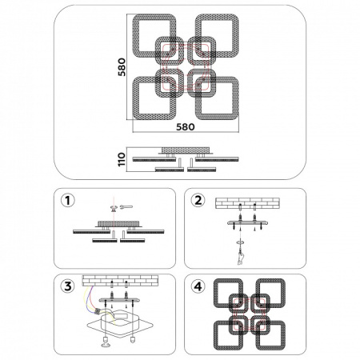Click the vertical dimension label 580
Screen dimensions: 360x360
coord(122,67)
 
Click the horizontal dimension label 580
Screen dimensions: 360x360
coord(186,127)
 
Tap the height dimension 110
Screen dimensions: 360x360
coord(122,159)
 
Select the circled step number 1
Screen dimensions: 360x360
coord(68,201)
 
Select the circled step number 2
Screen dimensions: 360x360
coord(198,201)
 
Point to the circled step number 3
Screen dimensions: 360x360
coord(68,286)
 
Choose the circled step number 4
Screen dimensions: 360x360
coord(198,286)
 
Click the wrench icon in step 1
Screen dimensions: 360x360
coord(126,206)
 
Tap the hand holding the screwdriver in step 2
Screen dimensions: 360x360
coord(241,258)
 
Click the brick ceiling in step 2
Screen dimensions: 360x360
coord(247,203)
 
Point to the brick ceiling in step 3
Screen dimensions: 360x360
coord(120,281)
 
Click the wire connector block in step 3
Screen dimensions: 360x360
coord(98,311)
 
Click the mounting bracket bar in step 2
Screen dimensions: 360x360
coord(248,223)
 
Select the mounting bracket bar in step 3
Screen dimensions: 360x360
coord(119,300)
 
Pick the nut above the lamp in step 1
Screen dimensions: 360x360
coord(114,208)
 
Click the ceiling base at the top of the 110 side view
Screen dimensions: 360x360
coord(186,150)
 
